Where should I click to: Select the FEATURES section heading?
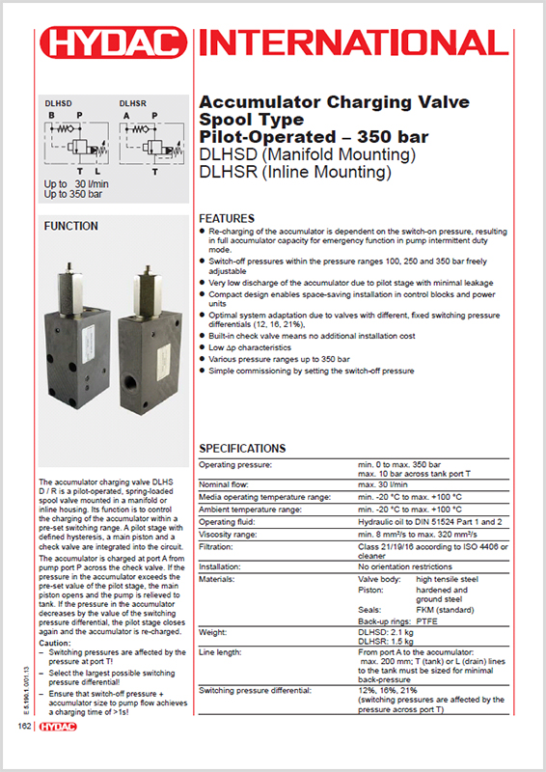(x=226, y=218)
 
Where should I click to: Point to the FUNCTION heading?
(x=71, y=227)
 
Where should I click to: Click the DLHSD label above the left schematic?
(x=60, y=101)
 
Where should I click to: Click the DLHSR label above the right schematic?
(x=133, y=101)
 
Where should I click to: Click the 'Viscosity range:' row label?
(x=228, y=534)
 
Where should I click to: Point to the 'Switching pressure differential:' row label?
(x=255, y=690)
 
